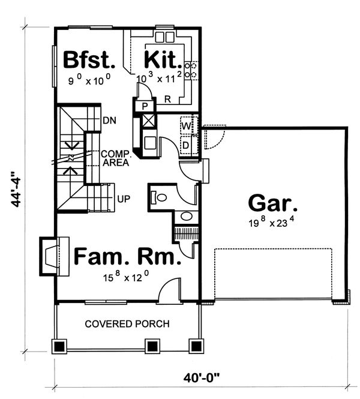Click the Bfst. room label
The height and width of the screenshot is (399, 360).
(89, 61)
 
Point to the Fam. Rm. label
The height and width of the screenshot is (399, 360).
(127, 258)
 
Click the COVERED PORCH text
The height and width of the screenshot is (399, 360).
(127, 324)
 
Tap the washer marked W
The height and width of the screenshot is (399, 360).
(187, 126)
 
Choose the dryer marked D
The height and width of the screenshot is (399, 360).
(187, 145)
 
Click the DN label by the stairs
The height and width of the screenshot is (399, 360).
(109, 120)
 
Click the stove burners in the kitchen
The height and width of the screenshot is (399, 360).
(191, 70)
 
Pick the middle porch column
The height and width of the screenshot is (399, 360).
(152, 347)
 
